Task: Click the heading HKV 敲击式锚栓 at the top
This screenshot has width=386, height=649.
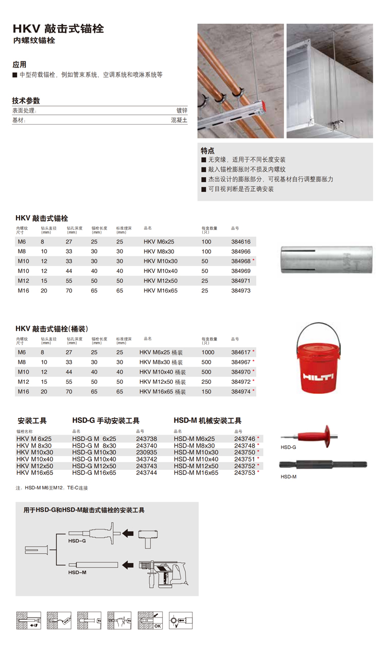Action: coord(58,29)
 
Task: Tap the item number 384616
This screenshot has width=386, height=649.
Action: coord(241,242)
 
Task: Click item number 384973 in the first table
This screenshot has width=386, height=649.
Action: coord(241,291)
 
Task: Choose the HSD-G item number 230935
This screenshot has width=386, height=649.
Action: coord(146,452)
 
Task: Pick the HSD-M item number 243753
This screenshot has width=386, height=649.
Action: coord(245,472)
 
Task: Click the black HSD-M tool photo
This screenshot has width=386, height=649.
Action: coord(323,464)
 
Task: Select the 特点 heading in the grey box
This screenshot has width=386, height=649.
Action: coord(207,151)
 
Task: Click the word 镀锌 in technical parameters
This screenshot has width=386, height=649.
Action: coord(182,110)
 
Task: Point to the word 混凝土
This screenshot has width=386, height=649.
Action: coord(179,120)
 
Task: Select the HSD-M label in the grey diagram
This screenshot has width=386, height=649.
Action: coord(77,572)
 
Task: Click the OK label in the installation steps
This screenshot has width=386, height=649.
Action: coord(158,626)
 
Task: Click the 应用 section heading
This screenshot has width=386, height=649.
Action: coord(20,65)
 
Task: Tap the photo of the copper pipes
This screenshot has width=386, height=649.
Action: coord(241,81)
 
